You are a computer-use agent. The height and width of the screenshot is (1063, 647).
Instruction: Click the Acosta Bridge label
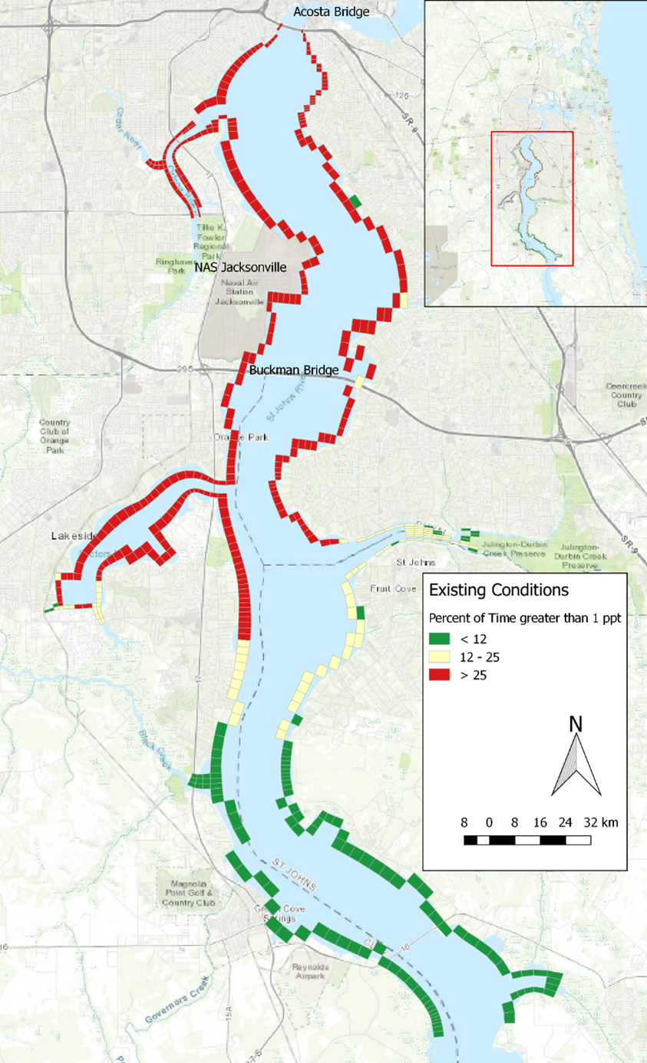tap(332, 12)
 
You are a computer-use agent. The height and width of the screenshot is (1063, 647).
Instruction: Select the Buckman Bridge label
tap(294, 370)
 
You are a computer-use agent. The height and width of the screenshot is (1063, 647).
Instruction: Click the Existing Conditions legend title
tap(498, 591)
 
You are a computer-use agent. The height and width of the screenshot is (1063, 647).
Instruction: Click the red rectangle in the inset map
tap(532, 199)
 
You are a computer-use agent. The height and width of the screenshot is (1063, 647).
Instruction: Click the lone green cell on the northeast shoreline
tap(354, 202)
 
